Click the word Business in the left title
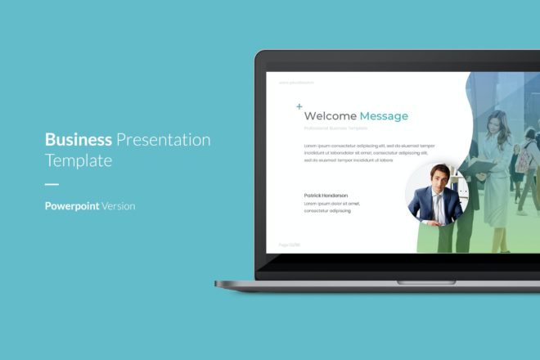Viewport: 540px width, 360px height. (x=78, y=139)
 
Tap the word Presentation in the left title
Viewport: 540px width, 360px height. (x=164, y=140)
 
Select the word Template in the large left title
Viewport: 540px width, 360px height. (x=79, y=161)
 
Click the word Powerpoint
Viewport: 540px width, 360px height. (x=72, y=206)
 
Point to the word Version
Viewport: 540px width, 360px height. (x=118, y=206)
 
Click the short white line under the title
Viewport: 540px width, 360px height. (x=52, y=184)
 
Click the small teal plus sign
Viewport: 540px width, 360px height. (x=299, y=106)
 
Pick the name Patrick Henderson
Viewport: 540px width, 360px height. (x=326, y=196)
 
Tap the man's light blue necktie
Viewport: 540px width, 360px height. (x=438, y=206)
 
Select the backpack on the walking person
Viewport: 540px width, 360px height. (x=522, y=160)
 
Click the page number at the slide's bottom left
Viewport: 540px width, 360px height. (x=289, y=244)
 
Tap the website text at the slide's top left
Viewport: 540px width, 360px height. (x=296, y=83)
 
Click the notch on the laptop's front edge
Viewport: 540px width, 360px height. (x=415, y=281)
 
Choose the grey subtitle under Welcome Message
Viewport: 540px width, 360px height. (x=335, y=128)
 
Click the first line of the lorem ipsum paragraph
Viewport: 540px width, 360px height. (x=369, y=146)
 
